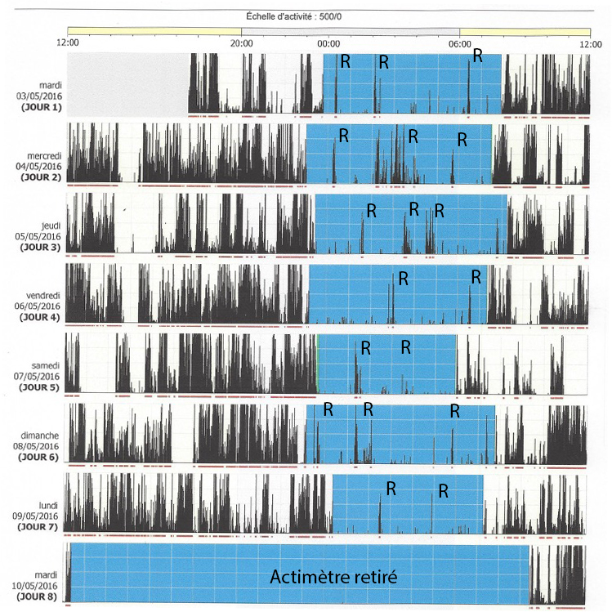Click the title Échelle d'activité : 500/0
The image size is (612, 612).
293,16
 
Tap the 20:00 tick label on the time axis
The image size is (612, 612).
241,44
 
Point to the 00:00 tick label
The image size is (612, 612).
328,44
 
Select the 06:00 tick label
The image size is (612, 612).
460,44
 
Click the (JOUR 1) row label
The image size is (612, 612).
42,107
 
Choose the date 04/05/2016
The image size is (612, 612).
38,167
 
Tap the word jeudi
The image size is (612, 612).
51,226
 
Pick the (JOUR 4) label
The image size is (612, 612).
40,317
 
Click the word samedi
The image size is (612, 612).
45,366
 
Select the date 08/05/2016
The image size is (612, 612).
36,446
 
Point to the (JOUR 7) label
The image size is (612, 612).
38,527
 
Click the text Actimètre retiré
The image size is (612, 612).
333,577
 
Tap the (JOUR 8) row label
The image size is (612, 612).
37,597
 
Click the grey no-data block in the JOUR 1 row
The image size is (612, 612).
127,85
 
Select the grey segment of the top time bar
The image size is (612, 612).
350,32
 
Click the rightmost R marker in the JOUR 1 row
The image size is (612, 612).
478,56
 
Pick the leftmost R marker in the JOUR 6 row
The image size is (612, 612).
328,409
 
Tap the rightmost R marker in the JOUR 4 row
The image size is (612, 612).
476,277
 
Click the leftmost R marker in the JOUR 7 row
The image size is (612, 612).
391,489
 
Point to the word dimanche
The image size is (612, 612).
40,436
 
